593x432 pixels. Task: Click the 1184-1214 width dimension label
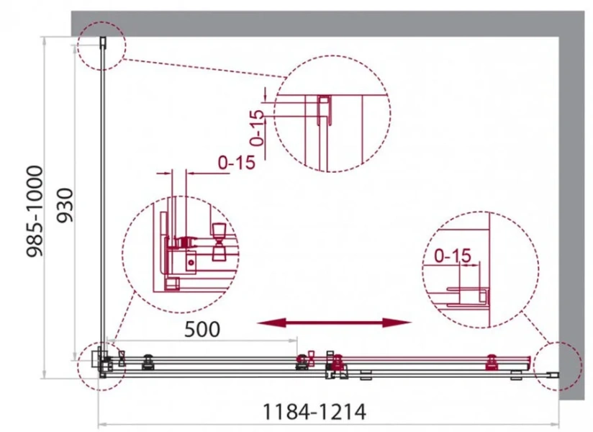pos(314,412)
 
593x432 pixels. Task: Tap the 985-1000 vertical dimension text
pos(35,212)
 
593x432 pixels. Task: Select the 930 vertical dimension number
pos(64,205)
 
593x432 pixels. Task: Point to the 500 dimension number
pos(202,330)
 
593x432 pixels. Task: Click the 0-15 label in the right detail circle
pos(453,256)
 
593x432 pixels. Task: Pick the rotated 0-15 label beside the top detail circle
pos(257,127)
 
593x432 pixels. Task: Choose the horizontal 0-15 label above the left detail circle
pos(237,163)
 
